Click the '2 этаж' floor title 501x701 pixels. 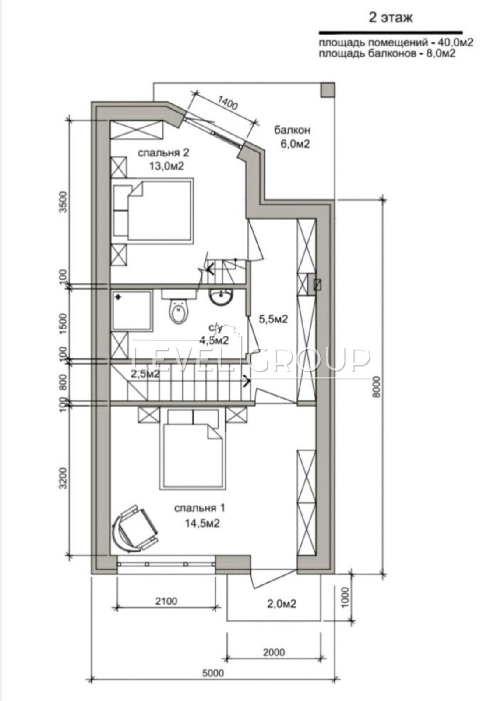(391, 18)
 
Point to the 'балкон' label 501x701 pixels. (292, 130)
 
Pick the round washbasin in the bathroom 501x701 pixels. (221, 296)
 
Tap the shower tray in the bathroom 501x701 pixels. (132, 310)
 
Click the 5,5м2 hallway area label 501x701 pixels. (273, 319)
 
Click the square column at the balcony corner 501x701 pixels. (328, 90)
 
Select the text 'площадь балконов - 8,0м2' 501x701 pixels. (387, 53)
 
